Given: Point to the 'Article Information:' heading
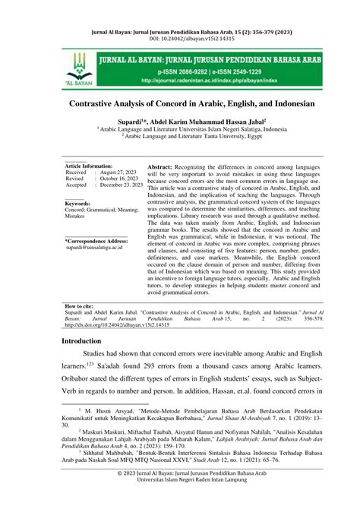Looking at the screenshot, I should [88, 166].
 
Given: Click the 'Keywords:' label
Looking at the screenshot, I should [77, 204].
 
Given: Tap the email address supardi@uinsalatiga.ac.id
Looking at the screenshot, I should [94, 249].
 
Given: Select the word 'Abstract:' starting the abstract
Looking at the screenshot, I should [163, 166].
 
